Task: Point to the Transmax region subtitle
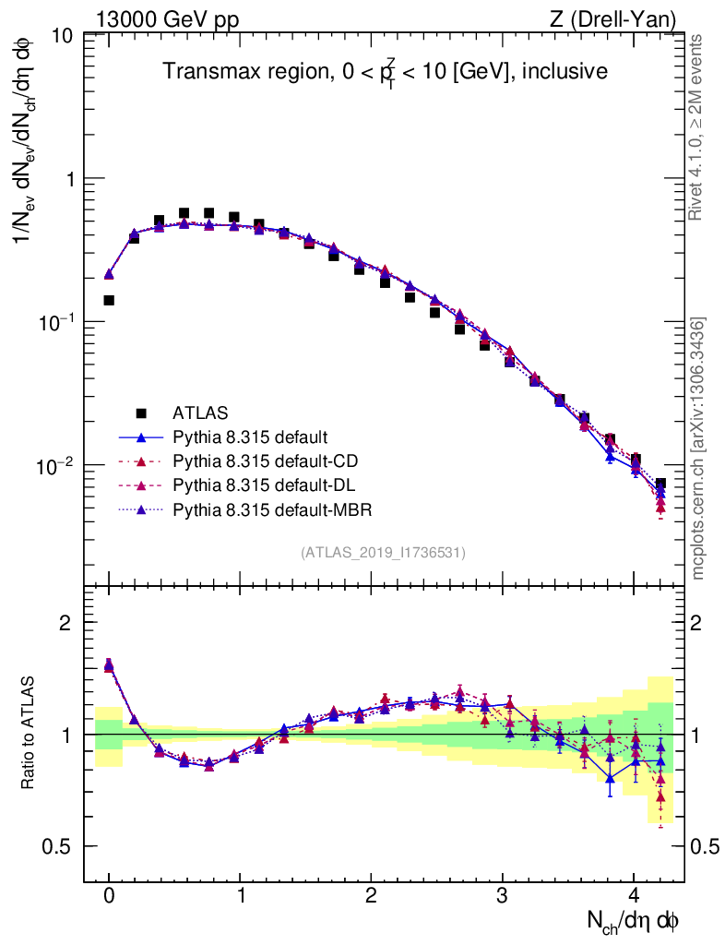point(386,71)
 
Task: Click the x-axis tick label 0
point(109,896)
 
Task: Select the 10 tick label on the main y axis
point(63,36)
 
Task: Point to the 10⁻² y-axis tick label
point(56,466)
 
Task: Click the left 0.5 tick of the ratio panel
point(61,847)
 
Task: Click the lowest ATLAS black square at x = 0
point(109,300)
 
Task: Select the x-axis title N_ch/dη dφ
point(634,921)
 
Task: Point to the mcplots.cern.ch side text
point(698,449)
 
